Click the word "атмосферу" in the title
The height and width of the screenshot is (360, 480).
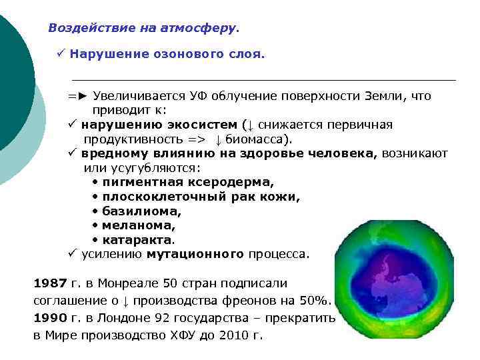point(203,29)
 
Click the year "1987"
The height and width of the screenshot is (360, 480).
point(50,283)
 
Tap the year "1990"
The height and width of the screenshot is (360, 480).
point(50,318)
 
